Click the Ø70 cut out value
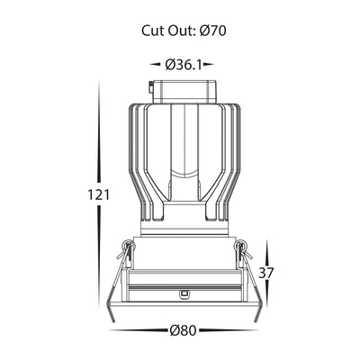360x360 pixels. point(212,31)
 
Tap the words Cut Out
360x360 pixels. point(166,31)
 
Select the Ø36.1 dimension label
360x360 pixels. point(183,65)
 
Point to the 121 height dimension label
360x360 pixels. point(98,195)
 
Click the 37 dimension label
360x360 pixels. point(266,274)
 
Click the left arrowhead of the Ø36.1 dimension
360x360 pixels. point(155,64)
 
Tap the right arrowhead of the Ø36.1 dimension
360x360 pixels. point(209,64)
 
